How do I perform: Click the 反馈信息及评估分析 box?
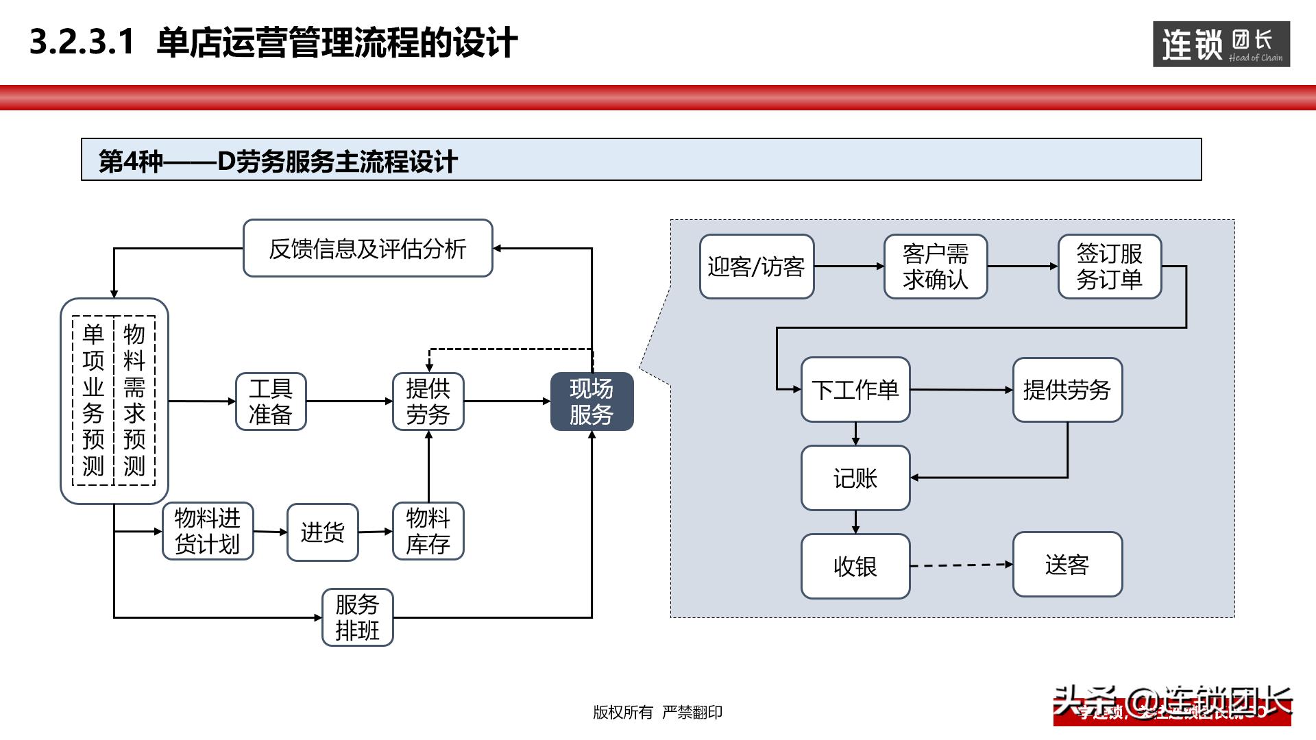tap(368, 248)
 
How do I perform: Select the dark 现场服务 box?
tap(592, 402)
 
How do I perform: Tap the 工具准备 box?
tap(271, 402)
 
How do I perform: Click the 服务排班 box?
tap(357, 617)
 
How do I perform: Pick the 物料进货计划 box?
tap(208, 531)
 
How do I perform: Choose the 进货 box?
tap(322, 532)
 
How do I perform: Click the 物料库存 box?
tap(428, 531)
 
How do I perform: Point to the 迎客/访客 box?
tap(756, 267)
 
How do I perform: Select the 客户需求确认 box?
tap(935, 267)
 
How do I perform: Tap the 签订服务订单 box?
tap(1109, 267)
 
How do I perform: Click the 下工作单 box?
tap(855, 390)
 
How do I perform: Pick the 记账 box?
tap(855, 478)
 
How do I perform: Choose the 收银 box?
tap(855, 566)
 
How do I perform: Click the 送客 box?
tap(1067, 565)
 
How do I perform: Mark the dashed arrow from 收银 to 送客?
tap(961, 565)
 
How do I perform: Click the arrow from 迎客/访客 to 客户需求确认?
tap(849, 266)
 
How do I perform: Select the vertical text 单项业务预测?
tap(93, 400)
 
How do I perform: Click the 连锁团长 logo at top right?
tap(1221, 45)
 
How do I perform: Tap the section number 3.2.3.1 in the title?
tap(82, 42)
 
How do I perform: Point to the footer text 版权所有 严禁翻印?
tap(657, 713)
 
